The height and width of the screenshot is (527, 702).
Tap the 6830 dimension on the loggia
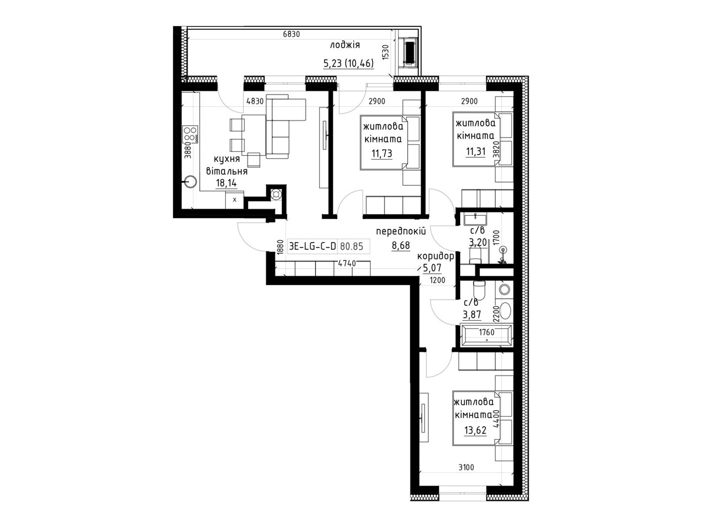tap(291, 34)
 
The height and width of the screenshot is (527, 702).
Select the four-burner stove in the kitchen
tap(190, 134)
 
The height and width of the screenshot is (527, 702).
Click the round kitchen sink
tap(190, 182)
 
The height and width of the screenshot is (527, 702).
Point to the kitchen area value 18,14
tap(226, 183)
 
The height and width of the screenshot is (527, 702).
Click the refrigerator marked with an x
tap(234, 200)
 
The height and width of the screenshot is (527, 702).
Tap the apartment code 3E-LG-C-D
tap(312, 246)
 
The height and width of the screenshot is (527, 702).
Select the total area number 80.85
tap(351, 246)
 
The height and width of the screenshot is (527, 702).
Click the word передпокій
tap(401, 231)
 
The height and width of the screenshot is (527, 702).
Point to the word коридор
tap(435, 256)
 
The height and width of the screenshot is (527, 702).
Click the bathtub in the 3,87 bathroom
tap(486, 336)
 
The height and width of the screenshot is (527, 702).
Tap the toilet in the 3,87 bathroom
tap(479, 289)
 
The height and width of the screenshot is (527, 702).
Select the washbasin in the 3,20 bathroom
tap(475, 220)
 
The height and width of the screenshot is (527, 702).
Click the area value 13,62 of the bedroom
tap(475, 430)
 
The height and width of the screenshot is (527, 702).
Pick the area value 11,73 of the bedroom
tap(382, 154)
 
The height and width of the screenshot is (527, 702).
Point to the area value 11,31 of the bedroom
tap(476, 151)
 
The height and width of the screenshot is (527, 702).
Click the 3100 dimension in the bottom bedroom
tap(466, 467)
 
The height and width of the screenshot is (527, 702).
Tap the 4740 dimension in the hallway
tap(347, 263)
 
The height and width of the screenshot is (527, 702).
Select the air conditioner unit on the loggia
tap(409, 52)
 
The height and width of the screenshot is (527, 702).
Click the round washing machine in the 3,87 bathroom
tap(505, 289)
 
